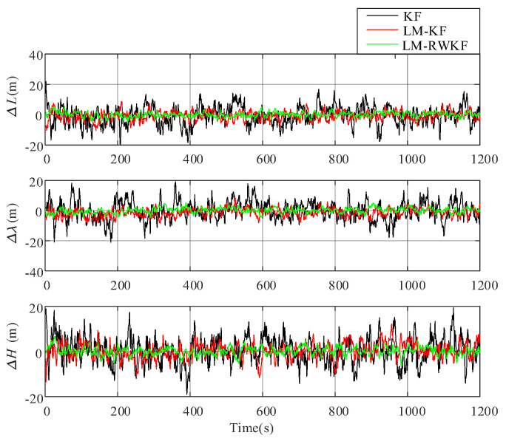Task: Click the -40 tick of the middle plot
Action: [31, 272]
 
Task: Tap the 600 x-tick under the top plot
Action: [263, 157]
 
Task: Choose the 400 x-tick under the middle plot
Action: [191, 284]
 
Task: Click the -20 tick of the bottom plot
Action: [31, 398]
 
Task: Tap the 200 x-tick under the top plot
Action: [118, 157]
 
